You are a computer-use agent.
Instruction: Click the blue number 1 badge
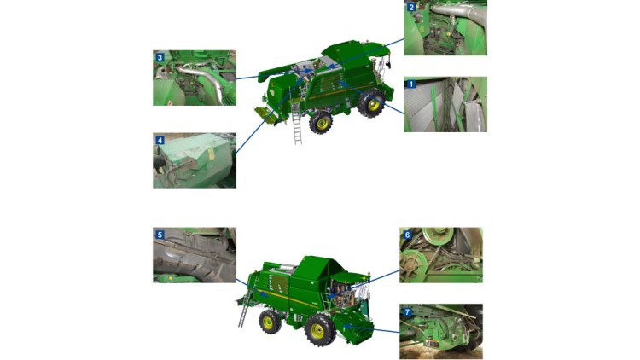(411, 84)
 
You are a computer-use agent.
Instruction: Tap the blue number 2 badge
(411, 7)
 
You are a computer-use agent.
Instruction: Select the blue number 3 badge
(160, 57)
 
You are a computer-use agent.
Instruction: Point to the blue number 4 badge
(160, 141)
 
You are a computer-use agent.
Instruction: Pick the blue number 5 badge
(160, 235)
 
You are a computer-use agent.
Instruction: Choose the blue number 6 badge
(407, 235)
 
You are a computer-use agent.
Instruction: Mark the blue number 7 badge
(407, 312)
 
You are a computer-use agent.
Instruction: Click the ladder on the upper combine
(297, 124)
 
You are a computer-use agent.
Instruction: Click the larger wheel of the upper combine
(371, 104)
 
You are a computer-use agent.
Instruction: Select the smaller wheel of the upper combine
(321, 123)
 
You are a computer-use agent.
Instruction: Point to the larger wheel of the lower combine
(319, 330)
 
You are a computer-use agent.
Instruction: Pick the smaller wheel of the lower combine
(270, 322)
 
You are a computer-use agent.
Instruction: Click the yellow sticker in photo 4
(211, 154)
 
